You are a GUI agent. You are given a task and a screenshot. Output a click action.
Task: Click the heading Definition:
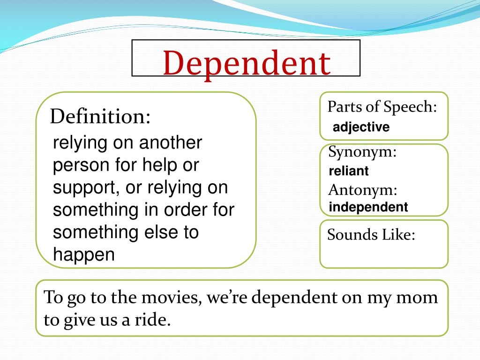click(x=100, y=116)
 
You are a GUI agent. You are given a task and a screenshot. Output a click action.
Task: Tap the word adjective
click(x=361, y=127)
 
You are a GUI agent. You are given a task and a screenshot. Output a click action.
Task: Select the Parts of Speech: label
click(x=382, y=107)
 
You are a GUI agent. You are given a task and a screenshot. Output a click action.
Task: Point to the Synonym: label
click(x=362, y=152)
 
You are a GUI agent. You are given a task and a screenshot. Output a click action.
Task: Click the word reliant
click(x=349, y=171)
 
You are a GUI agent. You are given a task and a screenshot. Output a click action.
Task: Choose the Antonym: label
click(x=363, y=190)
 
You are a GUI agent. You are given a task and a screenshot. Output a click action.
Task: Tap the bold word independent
click(x=368, y=207)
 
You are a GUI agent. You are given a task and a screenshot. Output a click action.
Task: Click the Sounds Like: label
click(x=371, y=234)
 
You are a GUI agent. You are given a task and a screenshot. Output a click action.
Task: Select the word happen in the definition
click(x=84, y=255)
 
